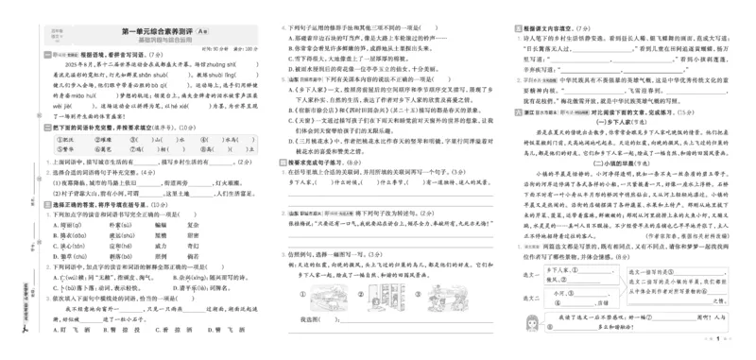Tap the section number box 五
(514, 30)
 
